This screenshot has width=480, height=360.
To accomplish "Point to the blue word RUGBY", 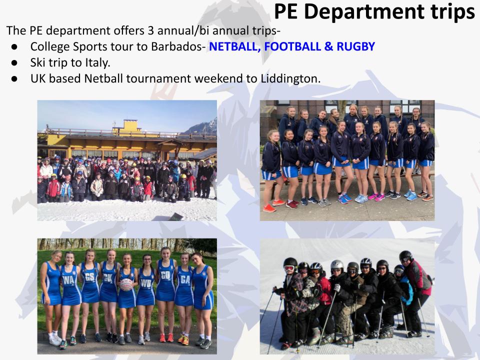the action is [355, 46].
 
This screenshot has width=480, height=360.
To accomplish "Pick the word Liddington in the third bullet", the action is [290, 78].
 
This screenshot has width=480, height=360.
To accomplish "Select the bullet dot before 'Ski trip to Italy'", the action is [14, 63].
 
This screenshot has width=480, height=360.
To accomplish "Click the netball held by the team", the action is [126, 284].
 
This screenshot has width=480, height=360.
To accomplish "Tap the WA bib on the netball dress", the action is [68, 280].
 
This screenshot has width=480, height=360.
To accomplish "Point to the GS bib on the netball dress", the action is [89, 277].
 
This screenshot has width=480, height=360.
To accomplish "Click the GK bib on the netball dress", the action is [108, 278].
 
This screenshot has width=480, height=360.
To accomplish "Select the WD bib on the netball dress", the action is [145, 283].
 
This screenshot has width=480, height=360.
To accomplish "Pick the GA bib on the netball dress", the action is [185, 279].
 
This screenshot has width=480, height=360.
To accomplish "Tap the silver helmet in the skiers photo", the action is [336, 264].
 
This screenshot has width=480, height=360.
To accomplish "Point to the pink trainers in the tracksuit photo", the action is [376, 197].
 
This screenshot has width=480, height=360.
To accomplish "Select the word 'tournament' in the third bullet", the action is [158, 78].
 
